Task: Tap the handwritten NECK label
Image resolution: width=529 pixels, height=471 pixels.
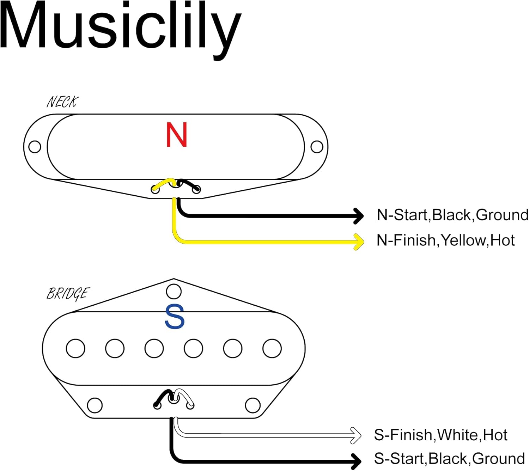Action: pyautogui.click(x=62, y=102)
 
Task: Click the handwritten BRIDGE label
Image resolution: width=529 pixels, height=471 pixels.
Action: pyautogui.click(x=68, y=294)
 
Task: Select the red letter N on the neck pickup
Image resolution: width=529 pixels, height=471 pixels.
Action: pyautogui.click(x=176, y=135)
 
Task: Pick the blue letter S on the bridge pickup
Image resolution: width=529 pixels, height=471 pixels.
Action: pyautogui.click(x=175, y=317)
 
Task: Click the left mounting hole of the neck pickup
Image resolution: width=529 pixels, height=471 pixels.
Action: pyautogui.click(x=35, y=147)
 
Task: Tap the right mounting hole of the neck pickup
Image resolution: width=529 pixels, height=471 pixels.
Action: pyautogui.click(x=317, y=147)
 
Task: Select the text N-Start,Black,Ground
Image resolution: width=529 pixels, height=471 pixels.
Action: pyautogui.click(x=452, y=215)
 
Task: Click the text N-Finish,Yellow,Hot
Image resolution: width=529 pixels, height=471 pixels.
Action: pyautogui.click(x=445, y=240)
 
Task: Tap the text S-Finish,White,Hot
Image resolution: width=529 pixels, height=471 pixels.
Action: pyautogui.click(x=440, y=435)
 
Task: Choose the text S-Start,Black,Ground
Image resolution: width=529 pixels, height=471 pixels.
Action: pyautogui.click(x=449, y=459)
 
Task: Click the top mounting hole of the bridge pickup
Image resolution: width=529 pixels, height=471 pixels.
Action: pyautogui.click(x=174, y=292)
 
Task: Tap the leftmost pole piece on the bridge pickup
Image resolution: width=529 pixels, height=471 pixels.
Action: pyautogui.click(x=75, y=348)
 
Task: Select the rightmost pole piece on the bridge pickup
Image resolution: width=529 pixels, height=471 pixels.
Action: pyautogui.click(x=272, y=348)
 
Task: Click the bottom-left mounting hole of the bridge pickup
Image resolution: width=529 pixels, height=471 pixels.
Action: pyautogui.click(x=95, y=405)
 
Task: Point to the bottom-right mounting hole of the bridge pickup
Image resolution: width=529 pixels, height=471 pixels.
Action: pyautogui.click(x=253, y=405)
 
